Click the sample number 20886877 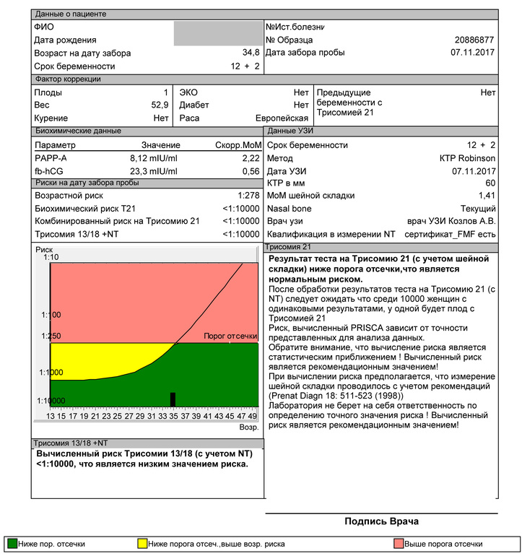[474, 40]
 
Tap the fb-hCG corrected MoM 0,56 [251, 171]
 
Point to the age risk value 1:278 [248, 196]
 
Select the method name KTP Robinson [467, 158]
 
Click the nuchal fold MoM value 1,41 [486, 196]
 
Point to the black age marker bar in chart [173, 399]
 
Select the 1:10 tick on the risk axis [51, 258]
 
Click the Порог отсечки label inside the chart [230, 336]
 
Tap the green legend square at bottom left [12, 544]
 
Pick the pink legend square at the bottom [398, 544]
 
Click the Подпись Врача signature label [381, 521]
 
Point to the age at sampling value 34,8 [251, 53]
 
